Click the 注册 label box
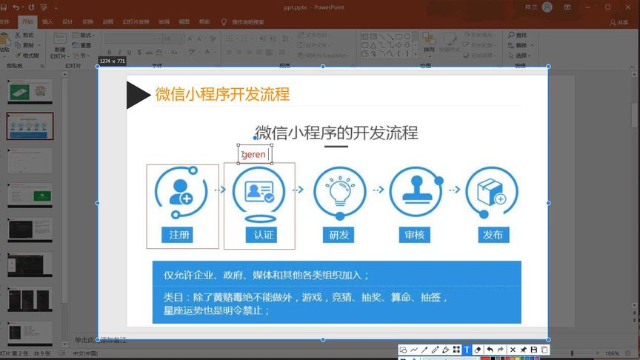pyautogui.click(x=179, y=236)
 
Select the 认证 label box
pyautogui.click(x=264, y=236)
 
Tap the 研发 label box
pyautogui.click(x=339, y=236)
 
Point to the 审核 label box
pyautogui.click(x=415, y=236)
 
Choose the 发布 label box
pyautogui.click(x=492, y=236)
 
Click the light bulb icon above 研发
pyautogui.click(x=339, y=192)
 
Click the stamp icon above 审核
pyautogui.click(x=415, y=192)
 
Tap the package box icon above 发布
pyautogui.click(x=491, y=192)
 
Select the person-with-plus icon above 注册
pyautogui.click(x=180, y=192)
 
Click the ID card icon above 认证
pyautogui.click(x=259, y=192)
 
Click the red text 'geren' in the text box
pyautogui.click(x=253, y=155)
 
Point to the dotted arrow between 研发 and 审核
pyautogui.click(x=378, y=190)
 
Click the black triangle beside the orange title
pyautogui.click(x=137, y=95)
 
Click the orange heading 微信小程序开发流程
pyautogui.click(x=222, y=94)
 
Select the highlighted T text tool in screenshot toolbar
pyautogui.click(x=467, y=350)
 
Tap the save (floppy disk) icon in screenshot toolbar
pyautogui.click(x=533, y=350)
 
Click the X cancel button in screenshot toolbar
pyautogui.click(x=513, y=350)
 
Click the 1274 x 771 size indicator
pyautogui.click(x=112, y=61)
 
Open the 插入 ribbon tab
pyautogui.click(x=47, y=22)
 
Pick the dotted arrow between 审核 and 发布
pyautogui.click(x=453, y=190)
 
